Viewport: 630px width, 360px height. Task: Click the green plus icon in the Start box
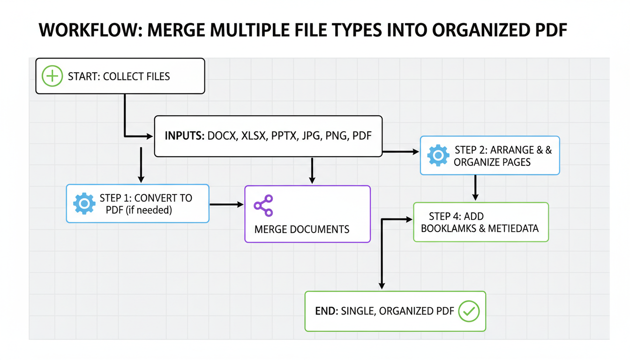point(52,76)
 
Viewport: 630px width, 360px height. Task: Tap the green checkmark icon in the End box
point(468,311)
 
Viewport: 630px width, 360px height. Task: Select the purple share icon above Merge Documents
point(263,205)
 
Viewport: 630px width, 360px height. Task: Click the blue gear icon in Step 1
point(84,203)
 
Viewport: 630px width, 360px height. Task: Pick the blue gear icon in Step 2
point(438,156)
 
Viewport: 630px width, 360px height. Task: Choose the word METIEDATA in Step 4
point(513,229)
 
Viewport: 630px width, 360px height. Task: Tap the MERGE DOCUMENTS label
point(302,229)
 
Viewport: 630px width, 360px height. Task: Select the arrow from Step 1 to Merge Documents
point(226,204)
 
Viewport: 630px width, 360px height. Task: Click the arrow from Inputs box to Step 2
point(401,152)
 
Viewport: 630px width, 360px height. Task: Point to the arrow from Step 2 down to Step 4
point(475,187)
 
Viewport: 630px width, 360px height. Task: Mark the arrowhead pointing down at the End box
point(382,285)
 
